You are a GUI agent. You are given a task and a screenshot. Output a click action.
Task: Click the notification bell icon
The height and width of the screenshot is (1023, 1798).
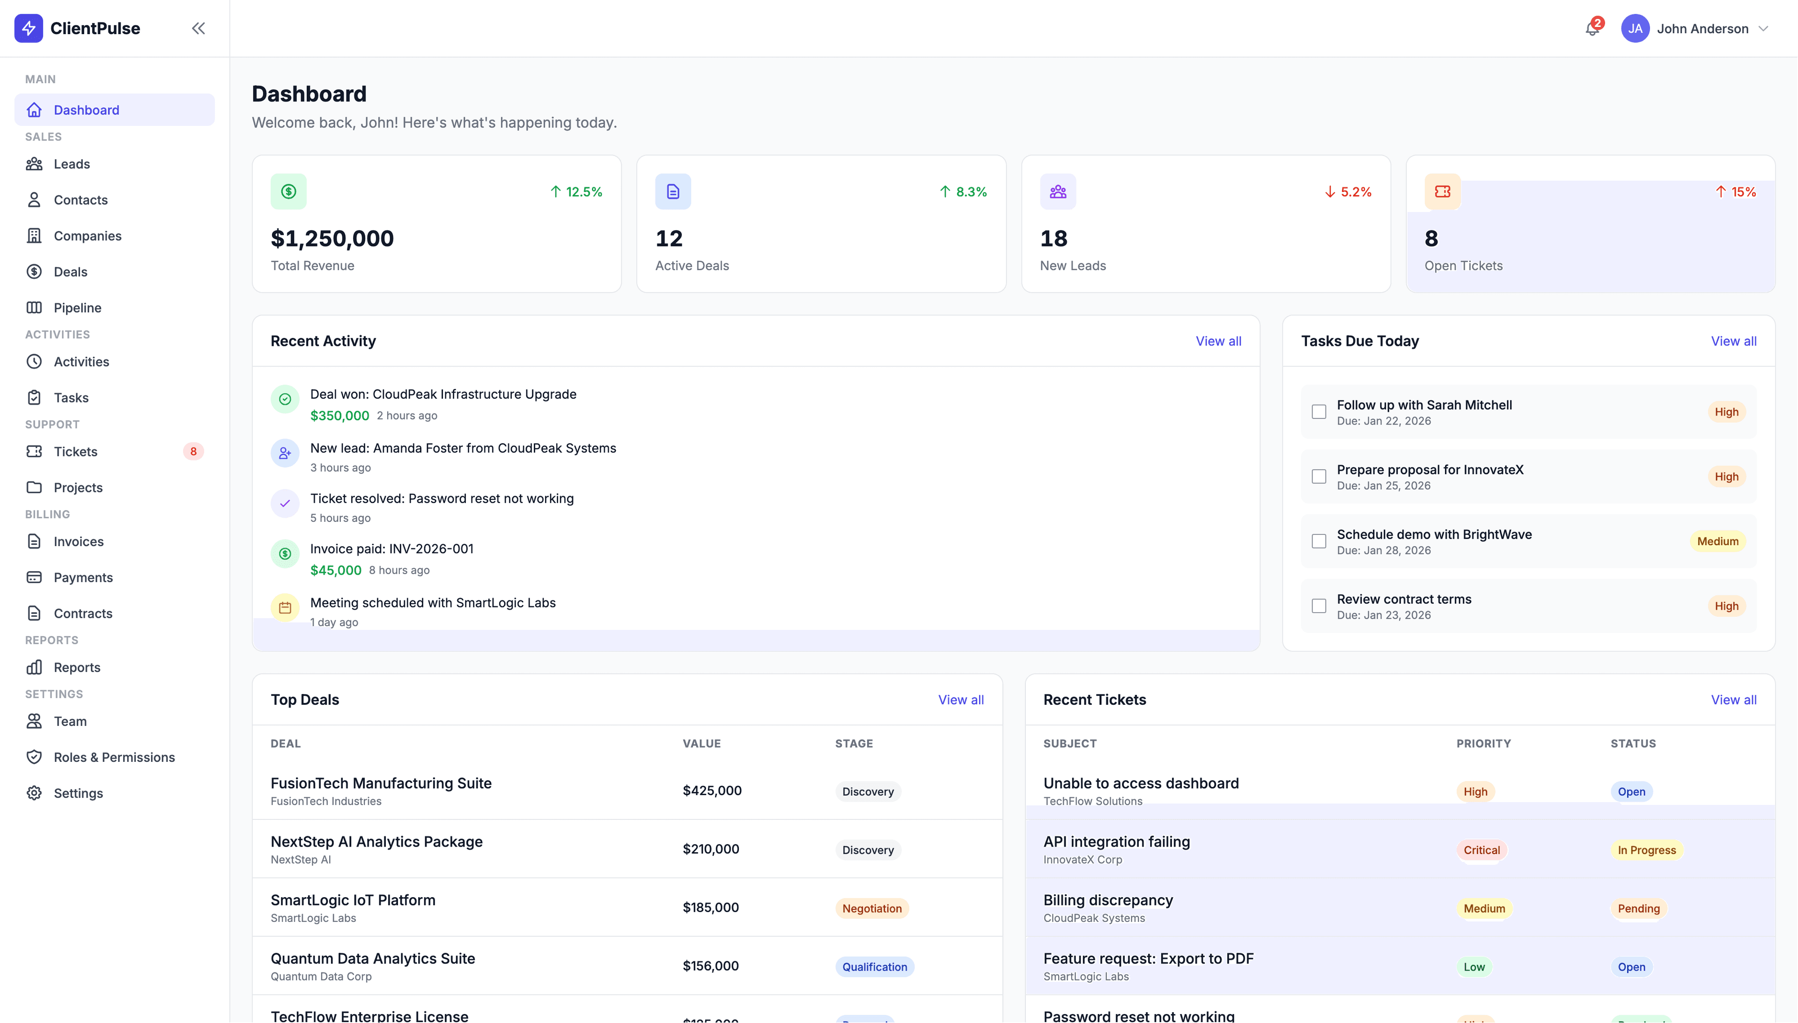click(x=1592, y=29)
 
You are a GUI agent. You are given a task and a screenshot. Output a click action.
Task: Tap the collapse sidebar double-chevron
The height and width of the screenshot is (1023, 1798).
click(x=198, y=28)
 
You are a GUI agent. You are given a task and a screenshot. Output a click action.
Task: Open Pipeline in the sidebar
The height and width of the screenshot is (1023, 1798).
click(x=77, y=308)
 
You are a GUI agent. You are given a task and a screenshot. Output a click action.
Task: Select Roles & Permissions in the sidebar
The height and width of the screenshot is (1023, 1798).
click(x=114, y=757)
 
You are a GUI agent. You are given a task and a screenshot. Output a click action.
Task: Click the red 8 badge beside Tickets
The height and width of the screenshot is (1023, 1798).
click(x=193, y=452)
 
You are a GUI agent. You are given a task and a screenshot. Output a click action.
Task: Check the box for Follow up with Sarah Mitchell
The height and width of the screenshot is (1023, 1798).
click(x=1319, y=412)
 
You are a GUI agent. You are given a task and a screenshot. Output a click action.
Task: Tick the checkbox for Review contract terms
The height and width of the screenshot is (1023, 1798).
click(x=1319, y=606)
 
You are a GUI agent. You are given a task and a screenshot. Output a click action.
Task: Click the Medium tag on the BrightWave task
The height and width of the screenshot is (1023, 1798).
click(x=1717, y=541)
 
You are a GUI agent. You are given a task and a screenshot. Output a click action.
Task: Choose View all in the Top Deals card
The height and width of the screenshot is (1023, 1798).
click(x=960, y=700)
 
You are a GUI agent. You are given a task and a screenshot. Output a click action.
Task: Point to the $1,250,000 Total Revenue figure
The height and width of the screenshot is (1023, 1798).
click(x=332, y=239)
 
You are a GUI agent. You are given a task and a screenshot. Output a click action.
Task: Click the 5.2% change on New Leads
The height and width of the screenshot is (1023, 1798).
click(x=1348, y=192)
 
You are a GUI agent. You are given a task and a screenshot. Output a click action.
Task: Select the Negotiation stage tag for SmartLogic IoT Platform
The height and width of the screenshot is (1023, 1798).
click(x=871, y=908)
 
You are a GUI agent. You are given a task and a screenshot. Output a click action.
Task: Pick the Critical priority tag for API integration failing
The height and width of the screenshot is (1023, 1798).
click(x=1481, y=850)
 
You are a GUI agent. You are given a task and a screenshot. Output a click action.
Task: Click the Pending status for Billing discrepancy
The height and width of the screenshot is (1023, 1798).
click(x=1638, y=908)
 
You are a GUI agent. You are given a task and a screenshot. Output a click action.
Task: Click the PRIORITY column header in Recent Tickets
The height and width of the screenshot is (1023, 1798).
click(x=1483, y=743)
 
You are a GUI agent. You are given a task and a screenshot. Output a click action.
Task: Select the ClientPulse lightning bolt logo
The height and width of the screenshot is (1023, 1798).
click(x=29, y=28)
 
